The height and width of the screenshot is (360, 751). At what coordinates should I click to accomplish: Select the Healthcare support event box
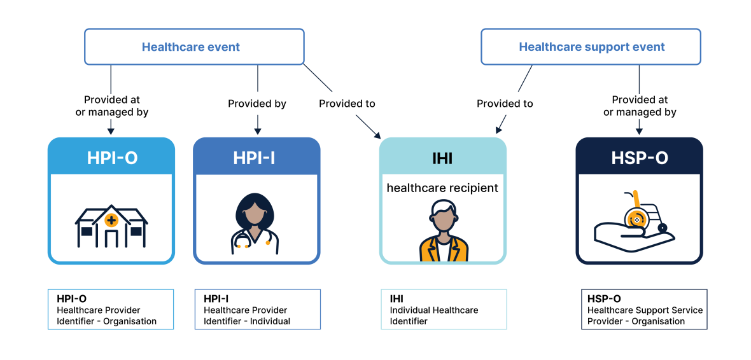click(591, 47)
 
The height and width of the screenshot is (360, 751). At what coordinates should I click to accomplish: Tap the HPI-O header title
click(112, 158)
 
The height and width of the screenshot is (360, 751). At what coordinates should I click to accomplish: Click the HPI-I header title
click(254, 158)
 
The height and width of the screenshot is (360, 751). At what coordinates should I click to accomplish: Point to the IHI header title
click(442, 158)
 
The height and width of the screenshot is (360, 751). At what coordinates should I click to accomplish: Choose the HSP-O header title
click(640, 158)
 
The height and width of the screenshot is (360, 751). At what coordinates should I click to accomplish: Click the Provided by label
click(257, 104)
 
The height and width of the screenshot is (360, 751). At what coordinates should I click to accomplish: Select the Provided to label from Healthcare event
click(347, 104)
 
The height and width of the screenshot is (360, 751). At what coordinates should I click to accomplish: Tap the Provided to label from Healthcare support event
click(505, 104)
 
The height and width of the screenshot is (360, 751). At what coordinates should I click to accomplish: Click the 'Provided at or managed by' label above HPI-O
click(112, 106)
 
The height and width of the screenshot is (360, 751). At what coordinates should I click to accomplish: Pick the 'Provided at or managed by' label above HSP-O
click(640, 106)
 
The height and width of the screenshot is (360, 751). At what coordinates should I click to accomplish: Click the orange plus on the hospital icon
click(112, 221)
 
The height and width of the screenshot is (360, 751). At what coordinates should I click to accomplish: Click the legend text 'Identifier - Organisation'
click(106, 321)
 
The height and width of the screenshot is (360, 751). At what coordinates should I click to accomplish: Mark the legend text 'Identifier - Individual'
click(247, 321)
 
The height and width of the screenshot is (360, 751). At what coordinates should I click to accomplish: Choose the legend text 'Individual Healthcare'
click(434, 310)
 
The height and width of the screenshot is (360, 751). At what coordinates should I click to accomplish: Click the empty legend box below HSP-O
click(644, 310)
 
